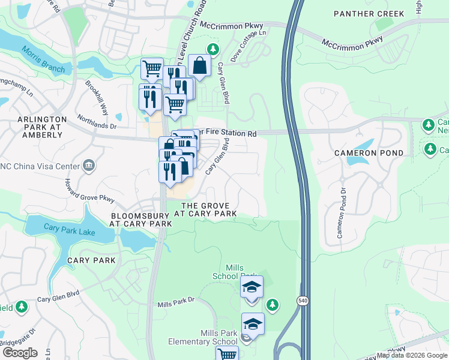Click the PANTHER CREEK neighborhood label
pyautogui.click(x=369, y=13)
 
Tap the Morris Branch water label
pyautogui.click(x=43, y=60)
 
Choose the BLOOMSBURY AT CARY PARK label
pyautogui.click(x=141, y=219)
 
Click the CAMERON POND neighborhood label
pyautogui.click(x=369, y=153)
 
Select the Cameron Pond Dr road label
pyautogui.click(x=341, y=213)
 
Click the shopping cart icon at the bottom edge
pyautogui.click(x=227, y=355)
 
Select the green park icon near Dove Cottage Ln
pyautogui.click(x=212, y=49)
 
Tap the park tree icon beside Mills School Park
pyautogui.click(x=273, y=305)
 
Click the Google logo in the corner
pyautogui.click(x=19, y=353)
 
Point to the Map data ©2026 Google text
pyautogui.click(x=411, y=355)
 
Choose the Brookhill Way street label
pyautogui.click(x=96, y=100)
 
